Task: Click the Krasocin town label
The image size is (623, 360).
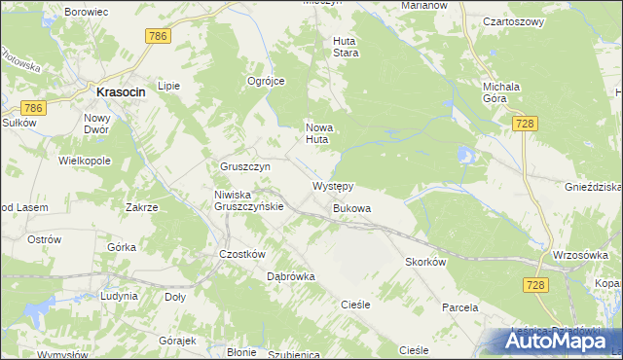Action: coord(122,91)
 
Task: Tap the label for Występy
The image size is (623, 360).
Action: coord(332,185)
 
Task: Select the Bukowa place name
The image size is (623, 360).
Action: coord(351,208)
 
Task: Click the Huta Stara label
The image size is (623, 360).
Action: coord(347,47)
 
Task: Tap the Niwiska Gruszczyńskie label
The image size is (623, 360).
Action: coord(248,199)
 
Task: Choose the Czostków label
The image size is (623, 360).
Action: coord(242,254)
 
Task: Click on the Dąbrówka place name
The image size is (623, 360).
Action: coord(291,276)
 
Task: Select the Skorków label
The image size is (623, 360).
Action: coord(425,263)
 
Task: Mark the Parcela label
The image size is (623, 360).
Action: coord(459,307)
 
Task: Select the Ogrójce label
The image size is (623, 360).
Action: coord(266,82)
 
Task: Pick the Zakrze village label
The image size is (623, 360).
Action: coord(142,207)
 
